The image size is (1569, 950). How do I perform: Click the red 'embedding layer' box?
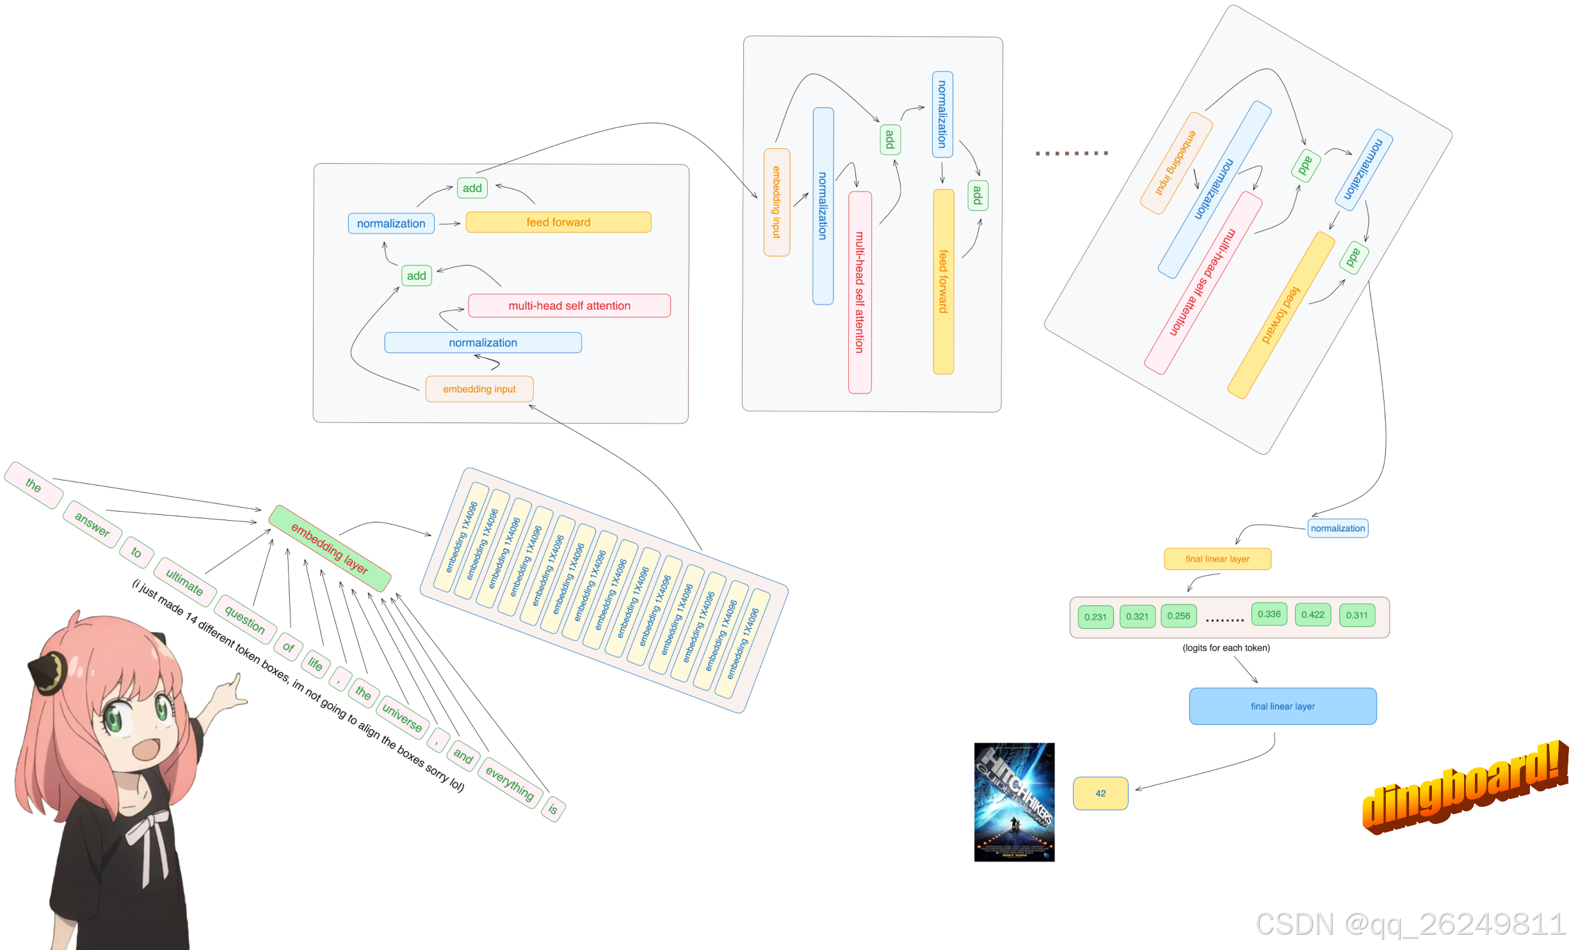[x=329, y=548]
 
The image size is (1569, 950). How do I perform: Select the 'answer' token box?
[x=92, y=524]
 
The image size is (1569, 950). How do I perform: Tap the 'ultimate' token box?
[x=184, y=582]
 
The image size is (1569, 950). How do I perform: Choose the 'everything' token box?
[x=509, y=782]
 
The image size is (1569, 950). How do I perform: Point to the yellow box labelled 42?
[x=1100, y=793]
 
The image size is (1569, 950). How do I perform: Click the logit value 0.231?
[x=1095, y=617]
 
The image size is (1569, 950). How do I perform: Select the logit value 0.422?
[x=1313, y=615]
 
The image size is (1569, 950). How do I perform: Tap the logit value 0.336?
[x=1269, y=614]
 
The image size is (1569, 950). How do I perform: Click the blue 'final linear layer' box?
[x=1282, y=706]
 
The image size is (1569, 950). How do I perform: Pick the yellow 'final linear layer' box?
[x=1217, y=558]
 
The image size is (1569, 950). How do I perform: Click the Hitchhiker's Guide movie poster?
[x=1014, y=802]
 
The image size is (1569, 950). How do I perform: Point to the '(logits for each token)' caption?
[x=1226, y=648]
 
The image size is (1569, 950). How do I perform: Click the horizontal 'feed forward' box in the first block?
[x=558, y=222]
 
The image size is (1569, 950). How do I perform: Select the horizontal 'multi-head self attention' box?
[x=569, y=306]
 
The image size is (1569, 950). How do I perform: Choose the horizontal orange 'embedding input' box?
[x=479, y=389]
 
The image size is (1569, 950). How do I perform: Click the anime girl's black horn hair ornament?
[x=48, y=672]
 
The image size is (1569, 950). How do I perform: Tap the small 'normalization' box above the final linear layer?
[x=1337, y=528]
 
